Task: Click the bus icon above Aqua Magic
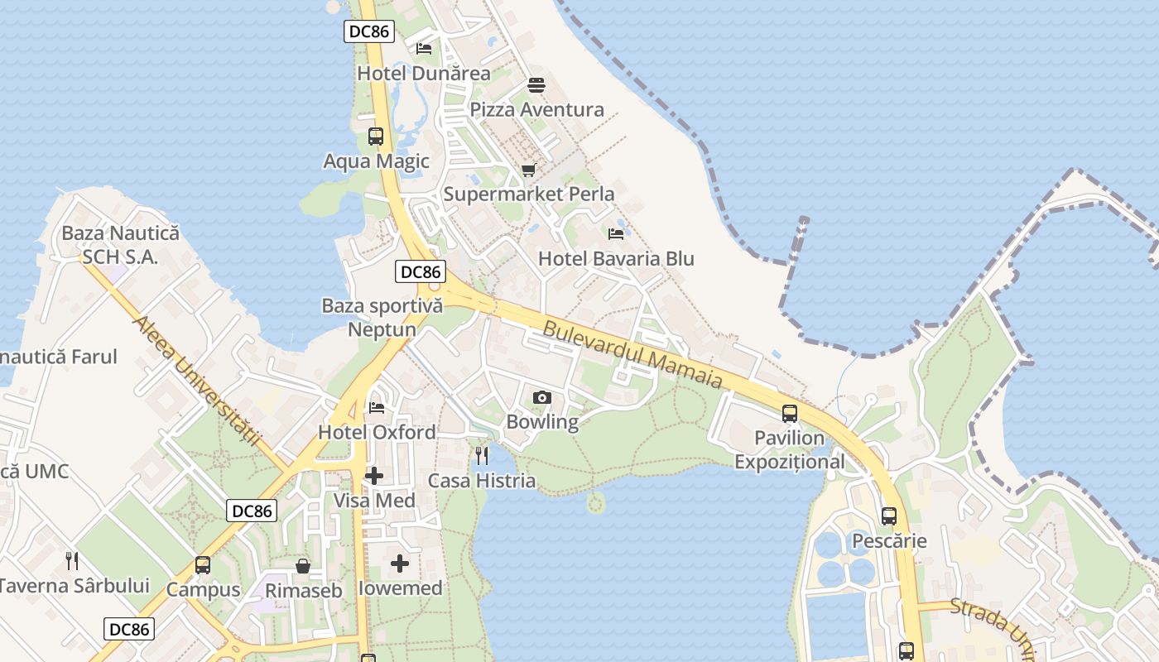click(376, 137)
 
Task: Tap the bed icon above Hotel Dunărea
click(424, 49)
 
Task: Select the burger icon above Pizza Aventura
click(536, 85)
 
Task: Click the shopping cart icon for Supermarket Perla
click(528, 170)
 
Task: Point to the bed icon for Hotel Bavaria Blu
click(615, 234)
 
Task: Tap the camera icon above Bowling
click(542, 398)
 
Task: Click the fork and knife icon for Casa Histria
click(482, 455)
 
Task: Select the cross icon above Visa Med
click(374, 476)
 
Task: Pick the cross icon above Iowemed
click(400, 564)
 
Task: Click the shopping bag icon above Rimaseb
click(303, 566)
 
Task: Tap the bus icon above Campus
click(203, 565)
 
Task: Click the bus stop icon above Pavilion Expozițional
click(790, 413)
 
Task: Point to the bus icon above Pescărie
click(889, 516)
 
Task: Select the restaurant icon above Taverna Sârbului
click(72, 561)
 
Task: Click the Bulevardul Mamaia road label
click(632, 356)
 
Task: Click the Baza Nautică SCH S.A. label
click(120, 245)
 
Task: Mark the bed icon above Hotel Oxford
click(377, 407)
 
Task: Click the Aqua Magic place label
click(377, 161)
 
